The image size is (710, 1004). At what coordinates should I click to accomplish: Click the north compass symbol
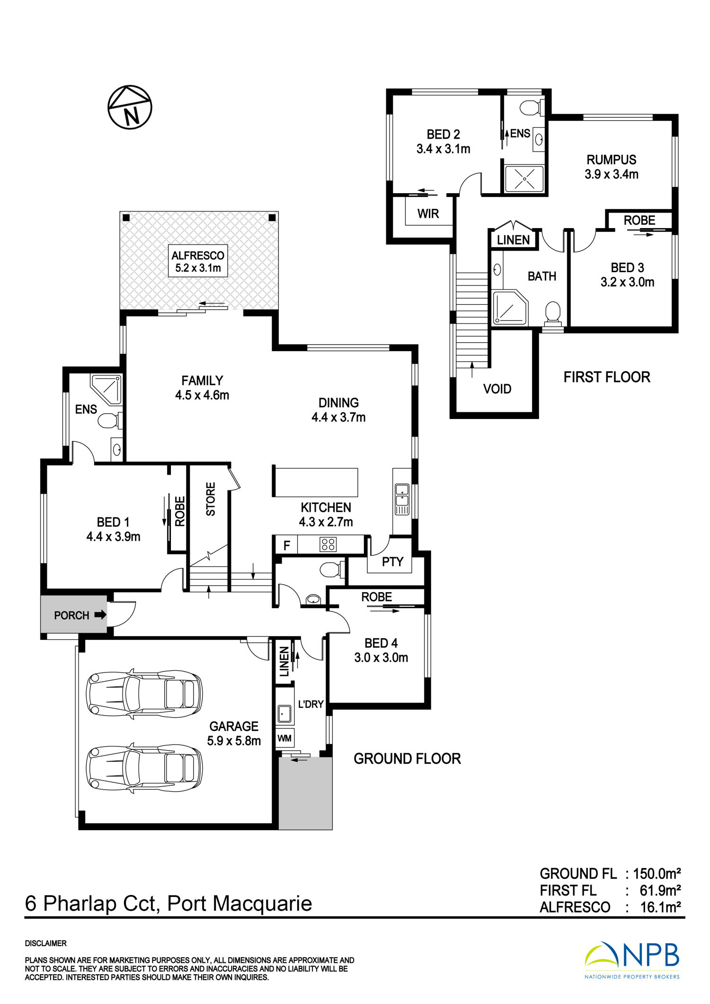(x=130, y=107)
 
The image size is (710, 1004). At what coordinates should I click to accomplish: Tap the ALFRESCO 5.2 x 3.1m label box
(x=198, y=261)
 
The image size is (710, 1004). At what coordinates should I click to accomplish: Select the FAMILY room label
(x=202, y=381)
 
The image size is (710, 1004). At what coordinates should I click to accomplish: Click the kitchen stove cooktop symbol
(x=328, y=544)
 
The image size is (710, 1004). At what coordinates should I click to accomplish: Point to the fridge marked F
(x=286, y=545)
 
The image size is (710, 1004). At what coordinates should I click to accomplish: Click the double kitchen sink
(x=402, y=499)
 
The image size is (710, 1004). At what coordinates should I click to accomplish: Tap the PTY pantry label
(x=392, y=562)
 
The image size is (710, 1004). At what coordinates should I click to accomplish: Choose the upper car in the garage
(x=144, y=694)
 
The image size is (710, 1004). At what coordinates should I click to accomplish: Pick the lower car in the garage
(x=144, y=769)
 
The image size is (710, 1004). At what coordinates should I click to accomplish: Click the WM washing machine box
(x=284, y=738)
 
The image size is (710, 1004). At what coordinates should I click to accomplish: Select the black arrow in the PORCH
(x=100, y=615)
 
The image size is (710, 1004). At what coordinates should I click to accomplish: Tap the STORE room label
(x=211, y=499)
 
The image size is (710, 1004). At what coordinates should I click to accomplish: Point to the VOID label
(x=497, y=389)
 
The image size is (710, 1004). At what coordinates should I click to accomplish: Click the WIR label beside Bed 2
(x=428, y=214)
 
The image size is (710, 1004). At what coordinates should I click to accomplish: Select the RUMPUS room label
(x=612, y=160)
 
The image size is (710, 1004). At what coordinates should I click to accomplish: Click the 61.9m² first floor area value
(x=660, y=890)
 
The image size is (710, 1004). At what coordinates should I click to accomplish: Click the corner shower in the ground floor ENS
(x=106, y=390)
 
